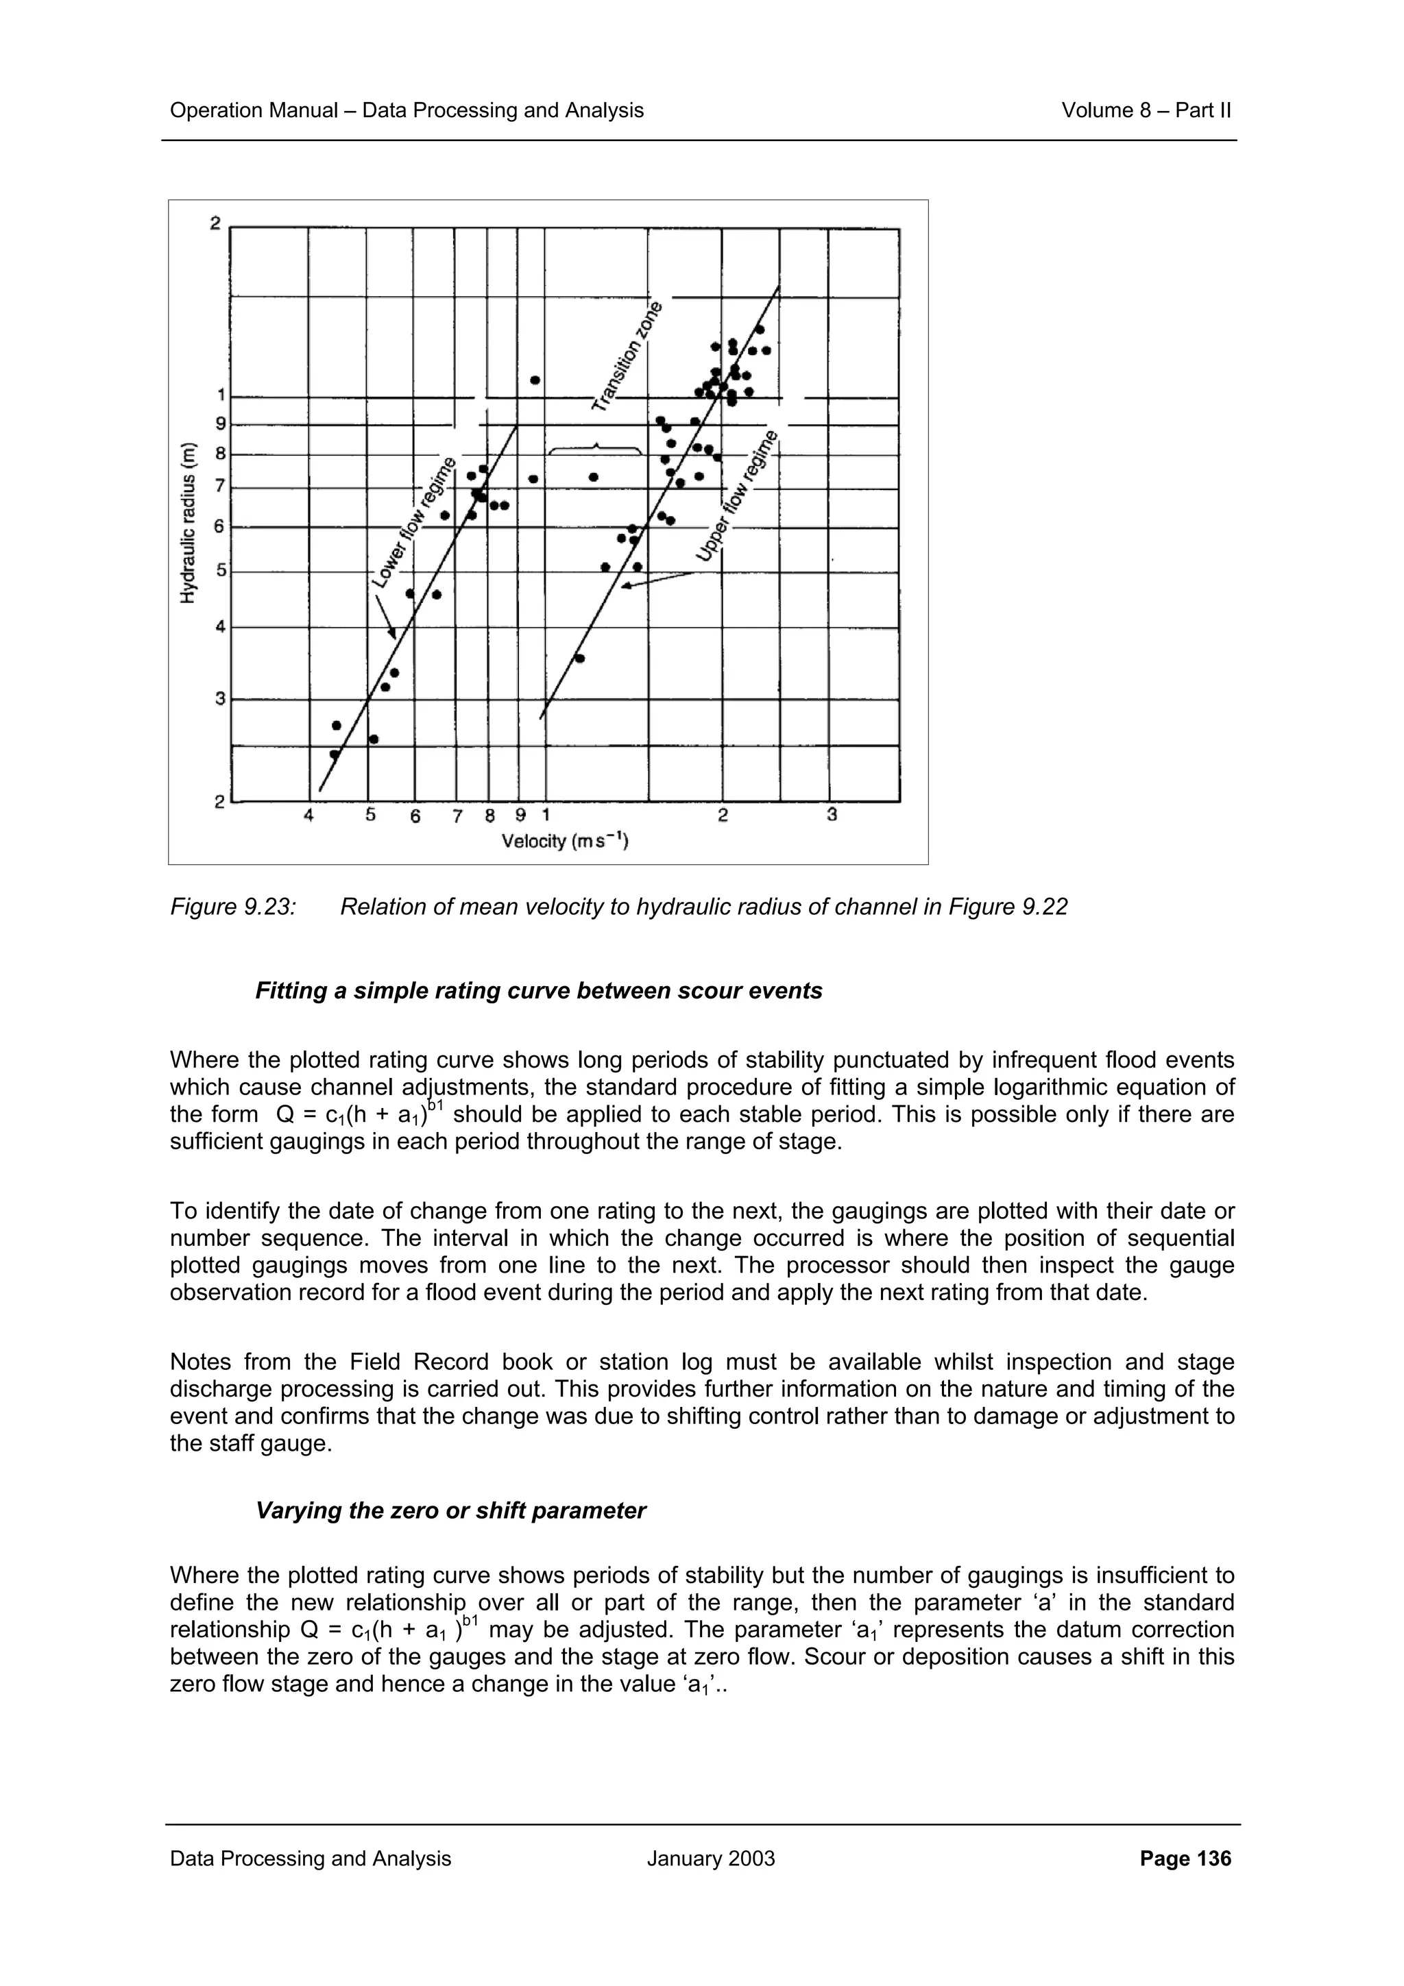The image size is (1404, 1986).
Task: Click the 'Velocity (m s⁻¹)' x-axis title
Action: (x=565, y=840)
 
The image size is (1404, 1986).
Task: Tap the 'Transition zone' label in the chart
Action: (x=627, y=356)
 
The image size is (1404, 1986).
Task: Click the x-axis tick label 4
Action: (x=308, y=815)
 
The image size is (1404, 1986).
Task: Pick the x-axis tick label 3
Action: (x=832, y=815)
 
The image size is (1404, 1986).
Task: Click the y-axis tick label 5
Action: (x=221, y=571)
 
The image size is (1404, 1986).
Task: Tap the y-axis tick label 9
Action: (x=221, y=424)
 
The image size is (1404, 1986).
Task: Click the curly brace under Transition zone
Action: (x=595, y=448)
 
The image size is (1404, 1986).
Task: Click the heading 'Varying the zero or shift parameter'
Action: (x=450, y=1510)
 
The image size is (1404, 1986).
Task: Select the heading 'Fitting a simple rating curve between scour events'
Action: (x=538, y=990)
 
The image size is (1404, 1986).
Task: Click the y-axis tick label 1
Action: (x=221, y=395)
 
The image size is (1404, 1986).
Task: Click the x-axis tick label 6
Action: (x=415, y=816)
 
